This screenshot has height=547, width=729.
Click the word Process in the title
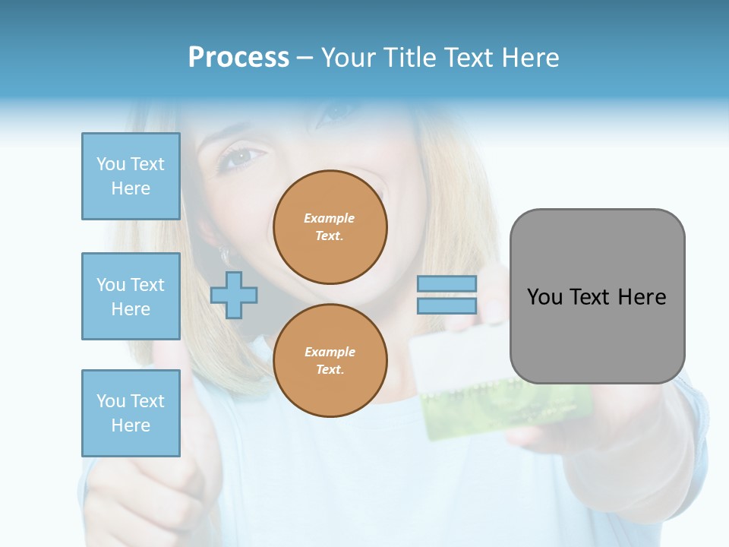coord(238,58)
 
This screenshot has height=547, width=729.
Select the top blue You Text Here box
coord(131,176)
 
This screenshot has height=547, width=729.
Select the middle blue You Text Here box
coord(131,296)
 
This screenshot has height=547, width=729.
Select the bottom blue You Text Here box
coord(131,413)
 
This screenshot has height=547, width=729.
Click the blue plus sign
coord(234,295)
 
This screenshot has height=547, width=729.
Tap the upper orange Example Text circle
coord(330,227)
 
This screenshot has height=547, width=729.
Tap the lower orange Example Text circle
coord(330,361)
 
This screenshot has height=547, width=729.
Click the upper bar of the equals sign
coord(447,283)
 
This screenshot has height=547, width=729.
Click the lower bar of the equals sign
coord(447,305)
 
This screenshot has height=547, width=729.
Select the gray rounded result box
coord(597,296)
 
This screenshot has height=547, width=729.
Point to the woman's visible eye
coord(240,158)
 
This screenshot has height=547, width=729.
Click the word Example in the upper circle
coord(330,218)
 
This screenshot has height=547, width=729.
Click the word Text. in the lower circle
coord(330,370)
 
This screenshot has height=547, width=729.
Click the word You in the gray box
coord(544,297)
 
